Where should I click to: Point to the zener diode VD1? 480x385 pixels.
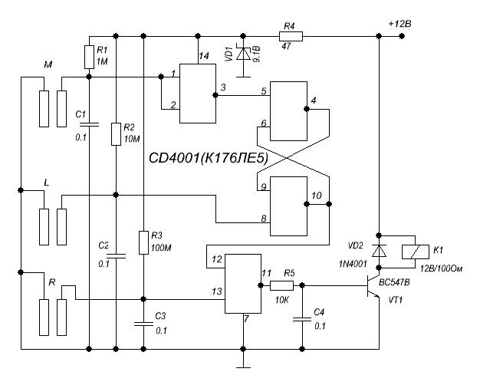coord(244,55)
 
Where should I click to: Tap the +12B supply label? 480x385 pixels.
coord(399,25)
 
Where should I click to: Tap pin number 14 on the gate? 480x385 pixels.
coord(202,56)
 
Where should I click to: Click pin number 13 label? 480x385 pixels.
coord(217,291)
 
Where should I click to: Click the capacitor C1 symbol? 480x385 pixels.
coord(89,123)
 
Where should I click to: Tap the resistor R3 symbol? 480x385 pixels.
coord(143,242)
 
